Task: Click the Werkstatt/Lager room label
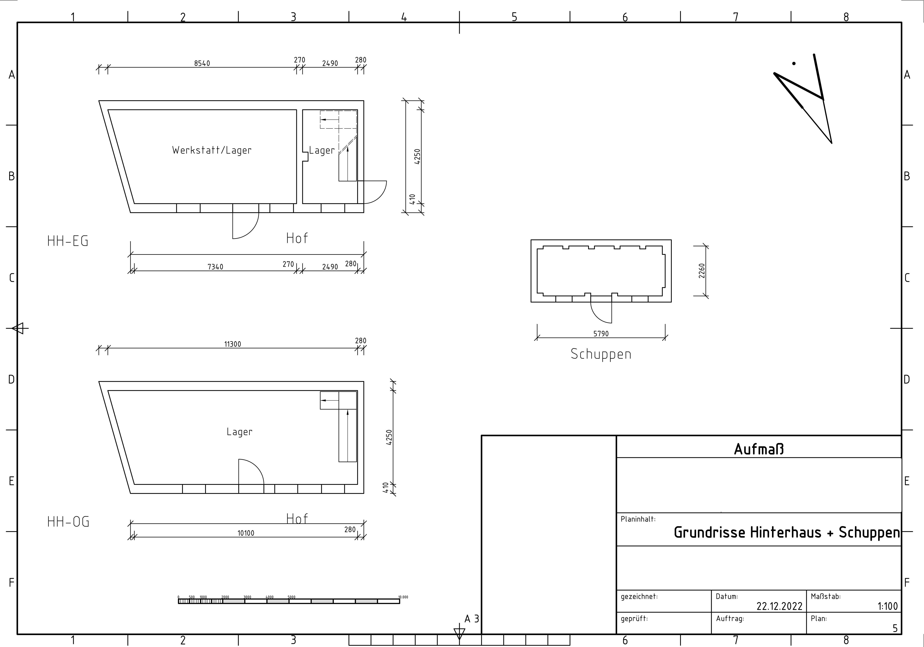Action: (x=212, y=150)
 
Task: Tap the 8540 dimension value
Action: (x=202, y=63)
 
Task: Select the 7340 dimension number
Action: (x=215, y=267)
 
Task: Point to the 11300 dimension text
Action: (x=233, y=344)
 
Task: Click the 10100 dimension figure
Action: (x=246, y=533)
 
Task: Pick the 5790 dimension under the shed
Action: (x=601, y=333)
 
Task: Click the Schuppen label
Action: (x=601, y=354)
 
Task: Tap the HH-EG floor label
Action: (x=68, y=241)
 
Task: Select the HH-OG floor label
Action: (x=68, y=521)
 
